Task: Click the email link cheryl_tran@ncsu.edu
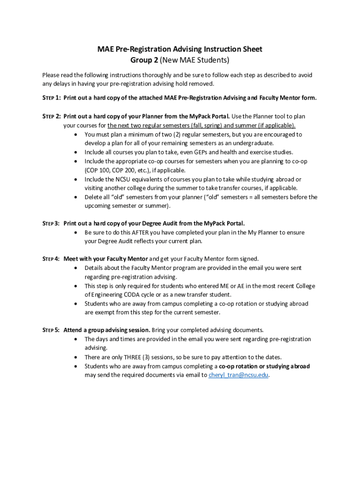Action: click(x=238, y=375)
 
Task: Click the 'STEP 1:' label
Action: click(x=51, y=98)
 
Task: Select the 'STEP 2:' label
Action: click(x=51, y=116)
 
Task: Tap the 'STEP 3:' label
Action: click(x=51, y=223)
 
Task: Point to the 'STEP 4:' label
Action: click(x=51, y=259)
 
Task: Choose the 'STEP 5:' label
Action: click(x=51, y=330)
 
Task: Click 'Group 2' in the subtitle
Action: click(x=144, y=60)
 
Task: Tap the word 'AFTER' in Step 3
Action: click(x=141, y=232)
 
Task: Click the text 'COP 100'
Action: click(x=97, y=170)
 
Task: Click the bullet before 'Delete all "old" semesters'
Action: click(x=76, y=197)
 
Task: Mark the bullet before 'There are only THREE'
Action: click(x=76, y=357)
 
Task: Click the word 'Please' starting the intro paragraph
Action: click(x=51, y=75)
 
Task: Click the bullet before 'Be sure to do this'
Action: click(x=76, y=232)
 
